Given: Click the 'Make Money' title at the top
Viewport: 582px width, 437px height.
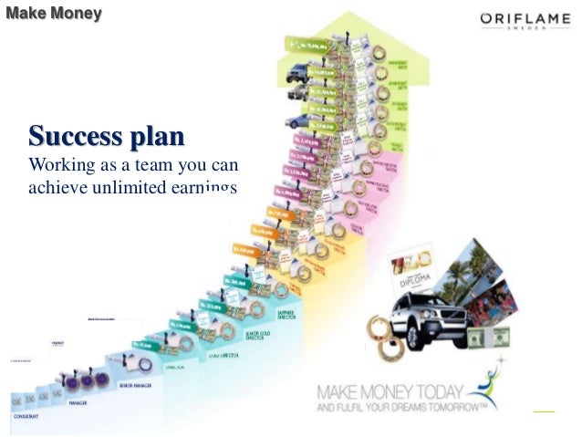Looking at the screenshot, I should pyautogui.click(x=54, y=14).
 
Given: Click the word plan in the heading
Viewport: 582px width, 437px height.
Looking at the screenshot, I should pyautogui.click(x=155, y=138).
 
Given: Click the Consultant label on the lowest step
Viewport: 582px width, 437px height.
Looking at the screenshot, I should pyautogui.click(x=26, y=416).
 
